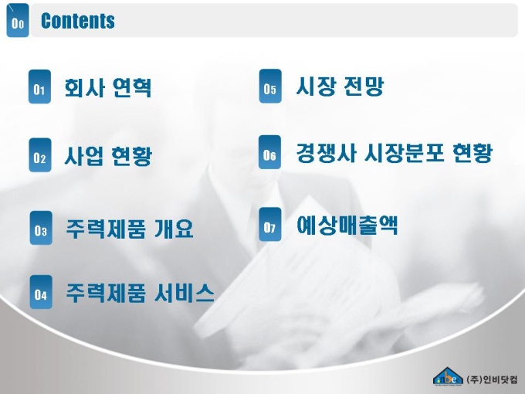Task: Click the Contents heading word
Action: (x=78, y=21)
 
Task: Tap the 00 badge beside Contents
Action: (x=18, y=20)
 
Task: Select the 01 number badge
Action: (x=40, y=87)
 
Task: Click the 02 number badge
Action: (x=40, y=155)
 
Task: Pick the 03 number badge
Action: (x=41, y=228)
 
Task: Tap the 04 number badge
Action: (x=41, y=292)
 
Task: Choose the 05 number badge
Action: (x=270, y=86)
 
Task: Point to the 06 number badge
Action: (x=270, y=152)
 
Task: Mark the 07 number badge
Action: (x=270, y=224)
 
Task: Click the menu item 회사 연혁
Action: (x=108, y=88)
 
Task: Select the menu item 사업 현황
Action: (x=108, y=156)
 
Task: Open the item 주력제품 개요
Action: (x=130, y=229)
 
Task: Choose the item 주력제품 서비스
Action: (x=140, y=293)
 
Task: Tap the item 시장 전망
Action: (x=340, y=86)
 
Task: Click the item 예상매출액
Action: (x=347, y=225)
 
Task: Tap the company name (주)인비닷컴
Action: (x=492, y=379)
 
